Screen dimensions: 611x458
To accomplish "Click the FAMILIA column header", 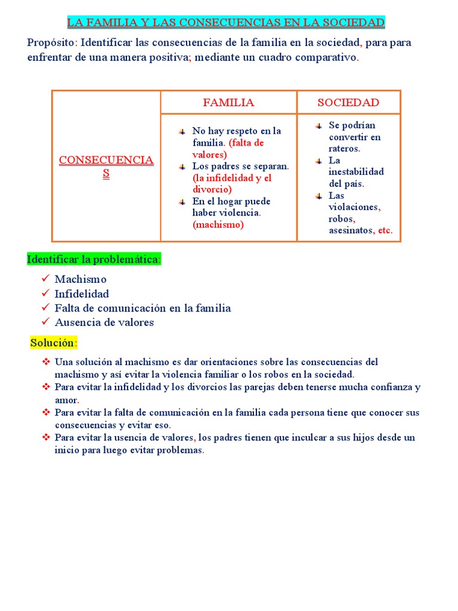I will click(228, 103).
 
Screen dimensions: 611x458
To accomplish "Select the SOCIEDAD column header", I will click(348, 103).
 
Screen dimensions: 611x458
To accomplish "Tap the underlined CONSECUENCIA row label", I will click(106, 161).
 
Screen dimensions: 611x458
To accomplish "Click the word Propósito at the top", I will click(51, 43).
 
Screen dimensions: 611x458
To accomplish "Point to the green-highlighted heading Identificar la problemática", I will click(94, 260).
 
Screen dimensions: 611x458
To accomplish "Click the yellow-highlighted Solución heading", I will click(54, 343).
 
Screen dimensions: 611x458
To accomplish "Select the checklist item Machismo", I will click(81, 279).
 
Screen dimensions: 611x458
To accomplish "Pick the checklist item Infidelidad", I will click(82, 294).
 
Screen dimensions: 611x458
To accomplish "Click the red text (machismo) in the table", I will click(218, 225).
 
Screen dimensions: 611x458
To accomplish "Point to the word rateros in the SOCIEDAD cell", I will click(344, 149).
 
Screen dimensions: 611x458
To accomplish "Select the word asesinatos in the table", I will click(350, 230).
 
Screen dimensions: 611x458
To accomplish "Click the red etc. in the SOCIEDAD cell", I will click(385, 230).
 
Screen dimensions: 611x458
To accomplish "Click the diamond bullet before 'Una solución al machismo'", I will click(46, 362).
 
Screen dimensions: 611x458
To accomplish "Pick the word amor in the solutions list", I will click(67, 400).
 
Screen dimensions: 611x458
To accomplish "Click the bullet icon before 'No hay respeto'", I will click(182, 131).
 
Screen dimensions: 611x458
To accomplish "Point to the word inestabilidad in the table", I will click(356, 172).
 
